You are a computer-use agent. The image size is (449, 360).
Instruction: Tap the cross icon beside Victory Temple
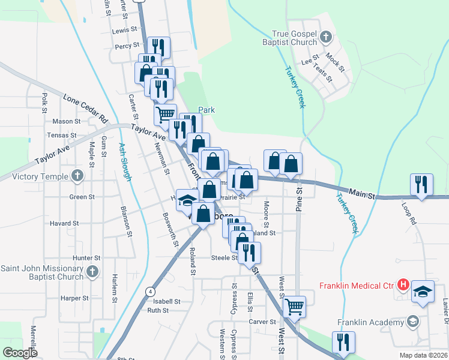76,176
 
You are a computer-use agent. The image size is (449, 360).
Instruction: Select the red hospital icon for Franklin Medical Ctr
403,284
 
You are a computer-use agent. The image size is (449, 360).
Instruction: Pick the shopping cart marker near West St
294,306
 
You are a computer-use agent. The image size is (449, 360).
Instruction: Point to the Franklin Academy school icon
412,322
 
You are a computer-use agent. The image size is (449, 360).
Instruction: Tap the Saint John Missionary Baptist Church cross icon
92,272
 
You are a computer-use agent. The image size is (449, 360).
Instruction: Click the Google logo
20,353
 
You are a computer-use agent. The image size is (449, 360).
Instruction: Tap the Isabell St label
166,301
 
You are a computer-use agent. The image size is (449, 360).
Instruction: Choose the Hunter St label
86,257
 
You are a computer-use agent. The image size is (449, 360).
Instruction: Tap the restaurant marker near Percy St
158,47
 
